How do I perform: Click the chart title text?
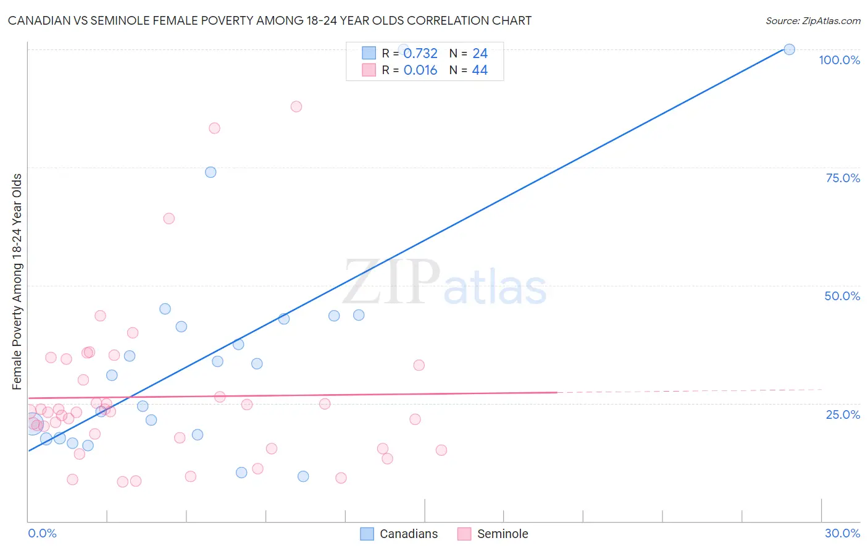coord(270,20)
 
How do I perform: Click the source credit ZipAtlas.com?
coord(812,20)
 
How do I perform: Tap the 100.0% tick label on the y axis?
coord(839,60)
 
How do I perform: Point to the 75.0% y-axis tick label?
coord(843,178)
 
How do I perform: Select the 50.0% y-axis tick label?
coord(842,296)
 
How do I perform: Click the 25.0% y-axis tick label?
coord(843,414)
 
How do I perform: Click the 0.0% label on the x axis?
coord(42,533)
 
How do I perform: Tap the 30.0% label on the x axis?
coord(842,533)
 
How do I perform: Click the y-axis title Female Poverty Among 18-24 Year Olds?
coord(17,282)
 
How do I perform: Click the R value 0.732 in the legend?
coord(420,54)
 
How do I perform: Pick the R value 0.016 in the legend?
coord(420,70)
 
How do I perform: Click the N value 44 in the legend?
coord(480,70)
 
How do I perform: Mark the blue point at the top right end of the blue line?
coord(789,49)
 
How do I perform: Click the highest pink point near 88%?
coord(296,106)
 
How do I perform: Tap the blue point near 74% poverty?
coord(211,172)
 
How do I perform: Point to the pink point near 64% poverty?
coord(169,219)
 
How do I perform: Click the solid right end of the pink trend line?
coord(556,392)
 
